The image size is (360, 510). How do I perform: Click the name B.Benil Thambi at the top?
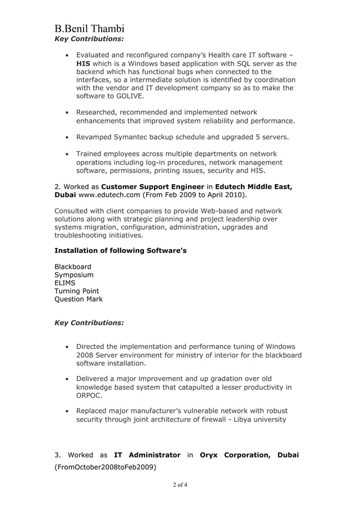[x=89, y=29]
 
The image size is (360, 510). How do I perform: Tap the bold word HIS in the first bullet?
[x=83, y=64]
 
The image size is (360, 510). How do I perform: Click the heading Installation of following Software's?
[x=120, y=250]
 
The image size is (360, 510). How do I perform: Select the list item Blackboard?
[x=73, y=267]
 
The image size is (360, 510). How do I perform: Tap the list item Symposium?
[x=74, y=275]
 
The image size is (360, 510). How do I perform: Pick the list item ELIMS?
[x=65, y=283]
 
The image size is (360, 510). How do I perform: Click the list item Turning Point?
[x=77, y=291]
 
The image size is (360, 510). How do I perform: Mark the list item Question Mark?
[x=78, y=299]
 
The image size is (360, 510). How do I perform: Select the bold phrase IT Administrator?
[x=147, y=455]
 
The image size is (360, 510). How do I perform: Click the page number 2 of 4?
[x=180, y=485]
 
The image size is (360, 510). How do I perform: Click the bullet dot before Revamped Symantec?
[x=68, y=137]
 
